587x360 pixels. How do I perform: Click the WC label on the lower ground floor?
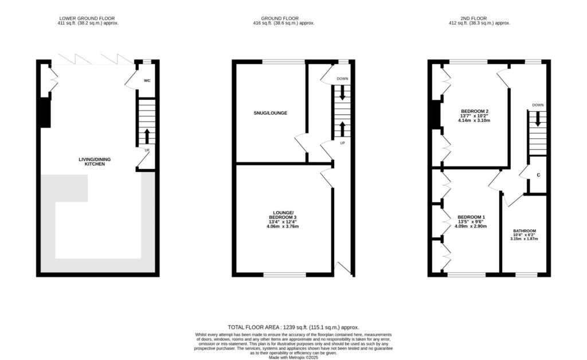point(147,80)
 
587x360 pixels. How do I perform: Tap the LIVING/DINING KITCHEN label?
point(95,162)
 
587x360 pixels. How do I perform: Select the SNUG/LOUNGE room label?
point(271,113)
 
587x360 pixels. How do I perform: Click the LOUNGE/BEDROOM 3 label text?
point(283,215)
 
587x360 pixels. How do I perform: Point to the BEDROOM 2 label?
point(474,111)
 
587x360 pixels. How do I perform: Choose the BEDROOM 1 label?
point(471,217)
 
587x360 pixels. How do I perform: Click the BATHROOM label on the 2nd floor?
point(525,231)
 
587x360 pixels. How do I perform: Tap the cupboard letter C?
point(538,175)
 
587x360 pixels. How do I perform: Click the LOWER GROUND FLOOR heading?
point(87,18)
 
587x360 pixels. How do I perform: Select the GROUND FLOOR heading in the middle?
point(280,18)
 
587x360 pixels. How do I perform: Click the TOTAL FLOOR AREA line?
point(293,327)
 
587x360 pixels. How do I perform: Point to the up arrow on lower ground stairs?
point(147,136)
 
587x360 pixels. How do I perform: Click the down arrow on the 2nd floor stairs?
point(538,119)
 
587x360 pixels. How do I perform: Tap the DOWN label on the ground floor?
point(342,79)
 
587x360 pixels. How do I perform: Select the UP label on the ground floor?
point(342,143)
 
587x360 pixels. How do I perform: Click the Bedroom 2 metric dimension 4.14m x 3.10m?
point(474,120)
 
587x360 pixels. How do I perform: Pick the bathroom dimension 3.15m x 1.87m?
point(524,238)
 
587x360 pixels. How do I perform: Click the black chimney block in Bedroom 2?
point(435,115)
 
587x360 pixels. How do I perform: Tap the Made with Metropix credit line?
point(293,358)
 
